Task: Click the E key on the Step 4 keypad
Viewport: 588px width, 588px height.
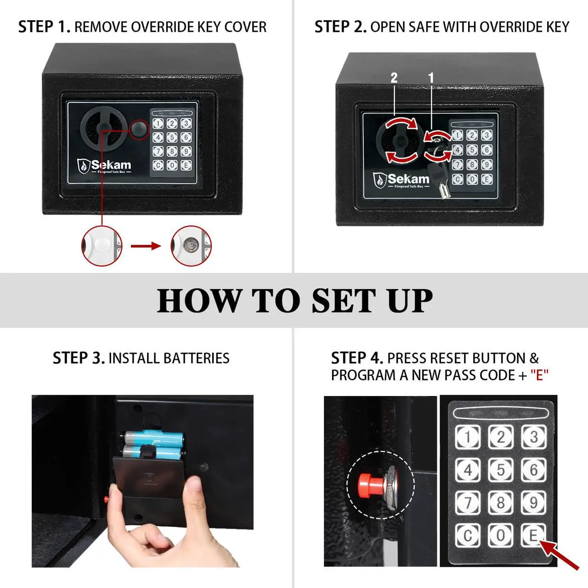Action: [533, 536]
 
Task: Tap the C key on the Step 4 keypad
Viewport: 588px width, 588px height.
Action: [468, 536]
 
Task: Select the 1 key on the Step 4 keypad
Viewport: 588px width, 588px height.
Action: [468, 437]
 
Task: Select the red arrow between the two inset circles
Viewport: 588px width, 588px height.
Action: [146, 246]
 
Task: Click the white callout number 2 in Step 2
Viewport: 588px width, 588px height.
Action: [394, 78]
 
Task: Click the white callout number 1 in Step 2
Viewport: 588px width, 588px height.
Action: [431, 78]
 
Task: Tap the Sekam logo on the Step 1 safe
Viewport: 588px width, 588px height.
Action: [104, 167]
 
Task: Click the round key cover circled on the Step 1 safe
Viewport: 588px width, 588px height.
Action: [140, 130]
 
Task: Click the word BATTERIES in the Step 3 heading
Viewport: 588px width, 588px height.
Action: [197, 358]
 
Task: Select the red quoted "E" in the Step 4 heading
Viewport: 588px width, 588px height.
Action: [539, 375]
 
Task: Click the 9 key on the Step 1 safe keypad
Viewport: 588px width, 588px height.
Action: [186, 151]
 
